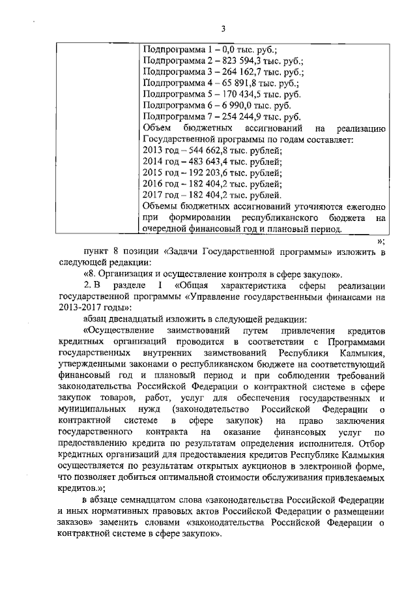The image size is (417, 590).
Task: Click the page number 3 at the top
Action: [x=223, y=29]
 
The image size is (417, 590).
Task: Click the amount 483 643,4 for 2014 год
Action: [x=207, y=162]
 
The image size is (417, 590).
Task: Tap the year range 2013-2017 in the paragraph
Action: [x=79, y=308]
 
